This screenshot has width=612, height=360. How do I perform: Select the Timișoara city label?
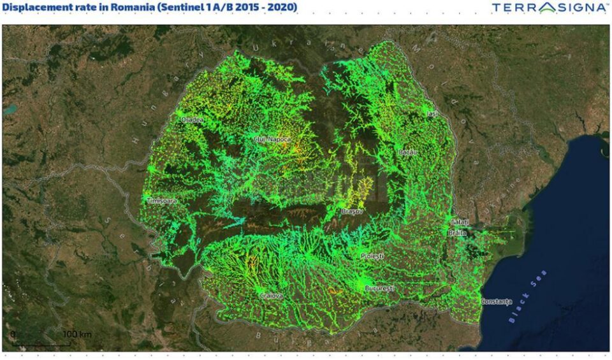click(162, 201)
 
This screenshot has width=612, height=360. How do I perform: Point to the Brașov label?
click(352, 211)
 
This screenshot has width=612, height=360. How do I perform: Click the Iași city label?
click(433, 113)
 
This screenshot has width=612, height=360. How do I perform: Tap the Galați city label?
click(460, 222)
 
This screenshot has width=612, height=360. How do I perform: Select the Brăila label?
click(457, 233)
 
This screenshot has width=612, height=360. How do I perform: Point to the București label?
click(379, 289)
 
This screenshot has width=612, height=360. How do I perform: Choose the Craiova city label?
click(271, 296)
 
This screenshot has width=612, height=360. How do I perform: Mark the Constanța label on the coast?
click(496, 301)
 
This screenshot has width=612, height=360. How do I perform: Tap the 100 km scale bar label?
click(77, 334)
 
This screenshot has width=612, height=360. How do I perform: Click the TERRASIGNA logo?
click(550, 8)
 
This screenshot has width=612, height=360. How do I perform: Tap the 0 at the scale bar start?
click(13, 334)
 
